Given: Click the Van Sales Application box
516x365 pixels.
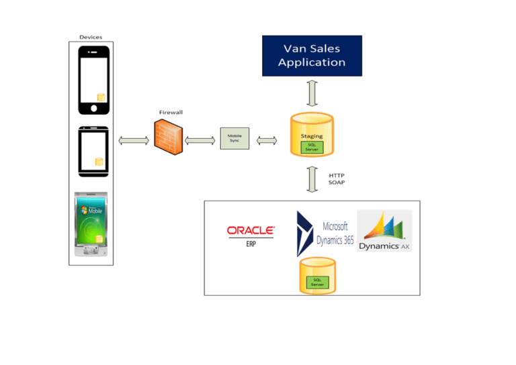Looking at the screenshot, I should [x=312, y=56].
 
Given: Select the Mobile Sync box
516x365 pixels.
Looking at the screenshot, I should [x=234, y=140].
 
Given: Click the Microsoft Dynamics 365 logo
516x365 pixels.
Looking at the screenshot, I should [x=325, y=233].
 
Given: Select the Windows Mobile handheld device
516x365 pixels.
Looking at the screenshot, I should [x=93, y=225].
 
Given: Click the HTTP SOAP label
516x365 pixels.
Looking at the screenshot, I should [x=337, y=179].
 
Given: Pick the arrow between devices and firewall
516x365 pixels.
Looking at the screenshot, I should [x=133, y=140].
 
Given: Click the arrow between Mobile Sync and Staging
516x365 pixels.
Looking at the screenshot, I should [x=266, y=140].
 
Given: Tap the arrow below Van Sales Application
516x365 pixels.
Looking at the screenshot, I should [x=312, y=93].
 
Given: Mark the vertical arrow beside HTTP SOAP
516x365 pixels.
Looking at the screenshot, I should [x=312, y=179].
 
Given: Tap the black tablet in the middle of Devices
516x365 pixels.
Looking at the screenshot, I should [x=93, y=152].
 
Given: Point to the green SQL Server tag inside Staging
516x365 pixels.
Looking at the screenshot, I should [x=312, y=146].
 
